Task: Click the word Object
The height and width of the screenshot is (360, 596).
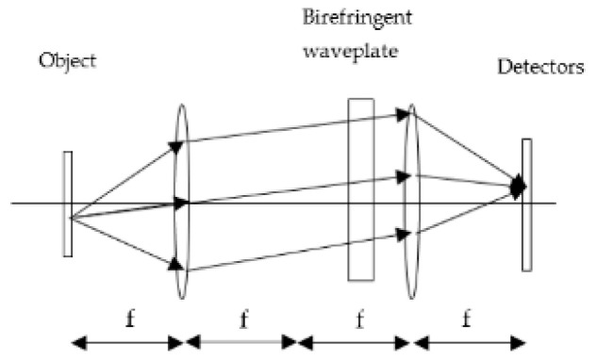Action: pyautogui.click(x=67, y=62)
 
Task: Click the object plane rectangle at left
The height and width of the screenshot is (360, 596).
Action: pyautogui.click(x=68, y=203)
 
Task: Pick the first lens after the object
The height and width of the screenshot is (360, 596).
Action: pyautogui.click(x=181, y=203)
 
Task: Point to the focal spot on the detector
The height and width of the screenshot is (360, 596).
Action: pyautogui.click(x=517, y=187)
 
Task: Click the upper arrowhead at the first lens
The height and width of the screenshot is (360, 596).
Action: pyautogui.click(x=175, y=146)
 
